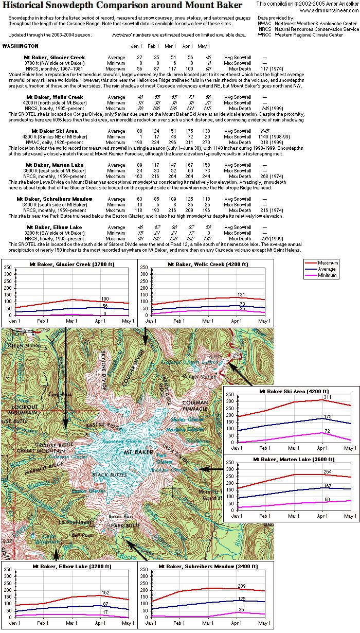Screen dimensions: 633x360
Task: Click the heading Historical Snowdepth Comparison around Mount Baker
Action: pyautogui.click(x=123, y=6)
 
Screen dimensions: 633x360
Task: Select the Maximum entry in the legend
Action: pyautogui.click(x=327, y=263)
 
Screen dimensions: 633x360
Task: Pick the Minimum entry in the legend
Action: pyautogui.click(x=327, y=275)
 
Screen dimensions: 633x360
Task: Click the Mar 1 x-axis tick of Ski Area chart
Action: pyautogui.click(x=294, y=449)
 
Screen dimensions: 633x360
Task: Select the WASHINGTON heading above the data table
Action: pyautogui.click(x=20, y=46)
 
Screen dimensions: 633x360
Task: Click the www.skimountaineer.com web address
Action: pyautogui.click(x=329, y=10)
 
